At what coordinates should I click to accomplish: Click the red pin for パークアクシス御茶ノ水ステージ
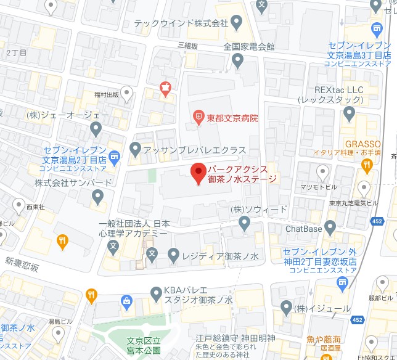pos(197,173)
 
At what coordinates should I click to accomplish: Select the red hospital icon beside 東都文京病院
pos(198,115)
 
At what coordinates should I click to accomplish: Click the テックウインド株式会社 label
pos(182,23)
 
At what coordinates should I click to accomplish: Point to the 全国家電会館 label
pos(249,47)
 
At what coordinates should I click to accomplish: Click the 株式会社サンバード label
pos(73,182)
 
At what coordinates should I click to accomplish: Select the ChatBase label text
pos(304,228)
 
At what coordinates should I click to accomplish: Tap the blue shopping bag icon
pos(127,301)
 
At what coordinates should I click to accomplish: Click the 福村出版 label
pos(107,95)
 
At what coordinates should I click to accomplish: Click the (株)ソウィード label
pos(259,210)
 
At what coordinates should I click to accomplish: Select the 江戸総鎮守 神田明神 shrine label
pos(235,338)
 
